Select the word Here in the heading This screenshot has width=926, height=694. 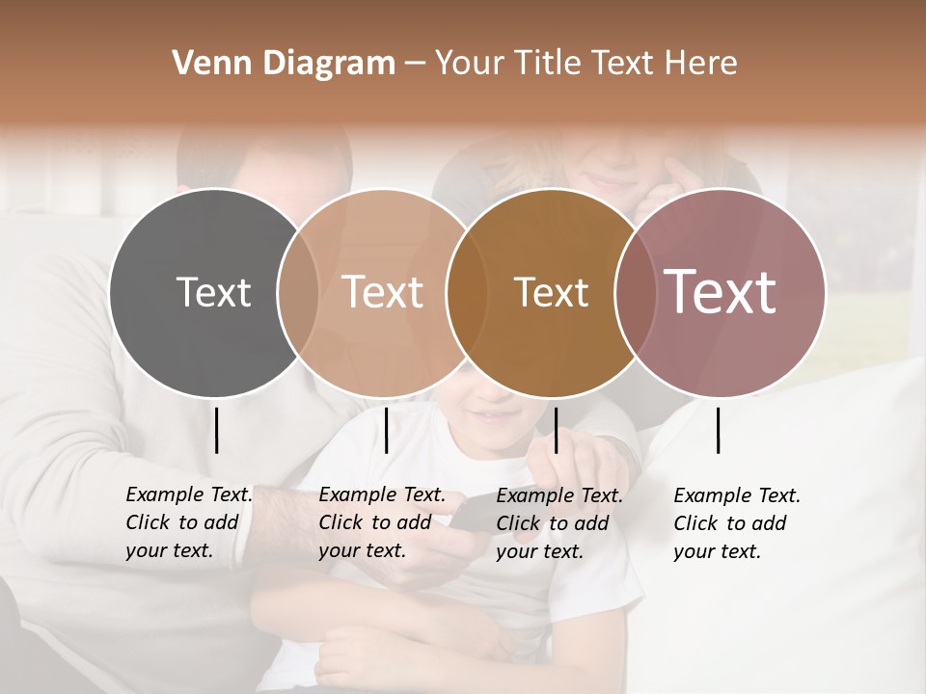[702, 64]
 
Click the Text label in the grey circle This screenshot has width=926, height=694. [213, 292]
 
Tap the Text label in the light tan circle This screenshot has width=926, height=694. [383, 292]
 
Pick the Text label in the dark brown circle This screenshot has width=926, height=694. [551, 292]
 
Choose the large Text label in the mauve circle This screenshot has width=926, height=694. [721, 292]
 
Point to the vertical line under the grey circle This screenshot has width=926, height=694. [217, 430]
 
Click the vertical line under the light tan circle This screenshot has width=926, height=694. [386, 430]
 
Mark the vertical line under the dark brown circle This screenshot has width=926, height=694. [556, 430]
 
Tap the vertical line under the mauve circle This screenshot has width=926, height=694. [719, 430]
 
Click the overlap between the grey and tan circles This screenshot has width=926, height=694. [298, 292]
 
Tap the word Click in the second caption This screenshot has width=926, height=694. [340, 523]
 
